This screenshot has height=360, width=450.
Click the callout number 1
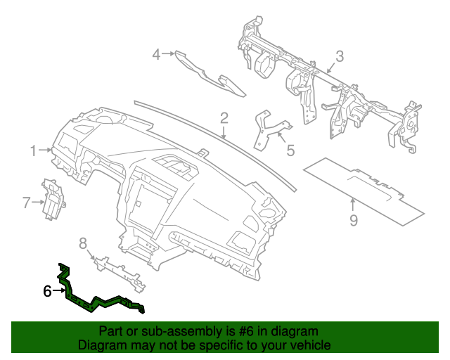32,150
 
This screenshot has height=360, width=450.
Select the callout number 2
224,117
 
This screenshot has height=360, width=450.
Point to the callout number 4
157,53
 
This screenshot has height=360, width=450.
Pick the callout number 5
290,150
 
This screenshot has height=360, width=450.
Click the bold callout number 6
48,290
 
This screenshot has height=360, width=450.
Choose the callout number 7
26,203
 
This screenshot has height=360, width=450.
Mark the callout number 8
83,243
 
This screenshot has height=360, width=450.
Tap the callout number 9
354,220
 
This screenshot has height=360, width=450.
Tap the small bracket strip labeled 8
120,270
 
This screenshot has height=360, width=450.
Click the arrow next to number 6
59,290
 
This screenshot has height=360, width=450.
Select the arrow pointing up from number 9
352,206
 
